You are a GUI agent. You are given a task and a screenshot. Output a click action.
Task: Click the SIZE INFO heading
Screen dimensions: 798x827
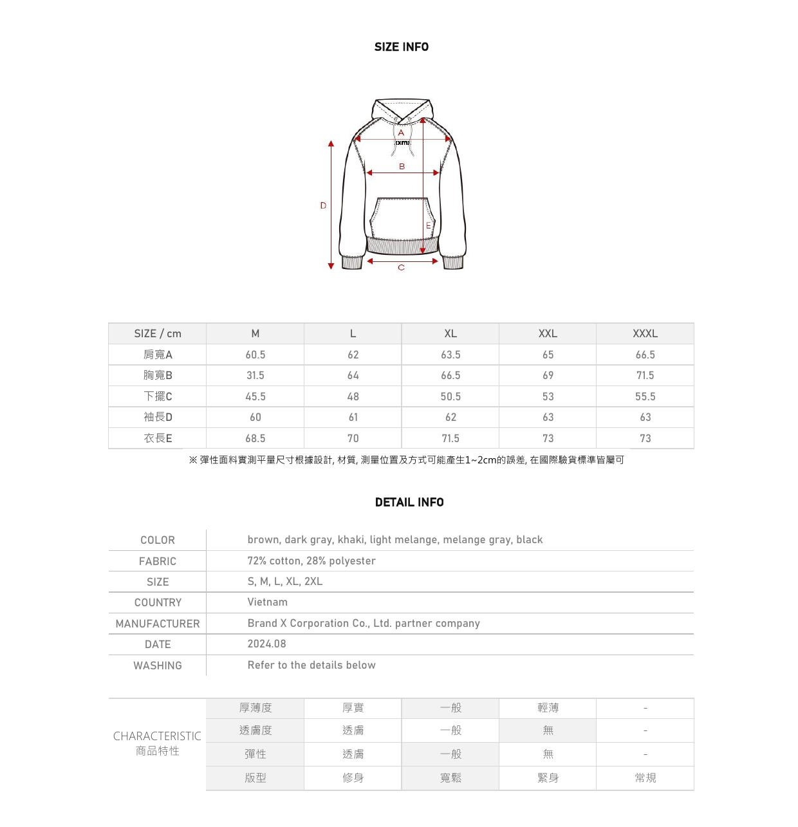(401, 47)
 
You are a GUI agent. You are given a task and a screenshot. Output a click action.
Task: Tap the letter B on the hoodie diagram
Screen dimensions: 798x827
(402, 166)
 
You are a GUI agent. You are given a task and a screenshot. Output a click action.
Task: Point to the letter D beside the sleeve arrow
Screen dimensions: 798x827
(323, 205)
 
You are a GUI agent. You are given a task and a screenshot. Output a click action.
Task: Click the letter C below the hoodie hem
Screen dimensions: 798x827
(401, 267)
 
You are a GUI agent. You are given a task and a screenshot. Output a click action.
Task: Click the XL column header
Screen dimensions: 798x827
(450, 333)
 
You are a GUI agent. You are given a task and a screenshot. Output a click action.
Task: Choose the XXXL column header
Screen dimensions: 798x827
(645, 333)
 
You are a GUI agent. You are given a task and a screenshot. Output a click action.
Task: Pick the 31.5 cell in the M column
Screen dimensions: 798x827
(255, 375)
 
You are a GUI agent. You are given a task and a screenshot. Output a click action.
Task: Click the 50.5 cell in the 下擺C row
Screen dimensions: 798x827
(450, 396)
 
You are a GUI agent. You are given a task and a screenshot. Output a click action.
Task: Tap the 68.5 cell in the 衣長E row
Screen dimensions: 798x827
(255, 438)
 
